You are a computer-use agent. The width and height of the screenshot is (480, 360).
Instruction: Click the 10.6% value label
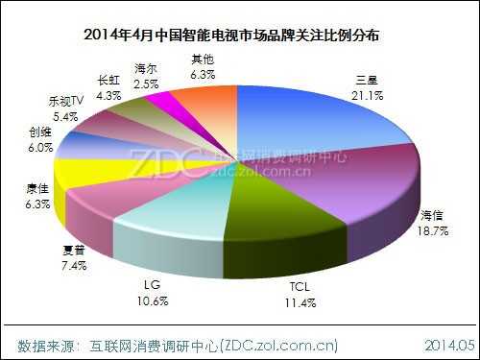click(x=152, y=300)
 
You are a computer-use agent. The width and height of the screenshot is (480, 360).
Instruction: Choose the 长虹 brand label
click(x=109, y=81)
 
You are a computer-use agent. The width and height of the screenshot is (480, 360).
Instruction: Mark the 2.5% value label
click(x=146, y=84)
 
